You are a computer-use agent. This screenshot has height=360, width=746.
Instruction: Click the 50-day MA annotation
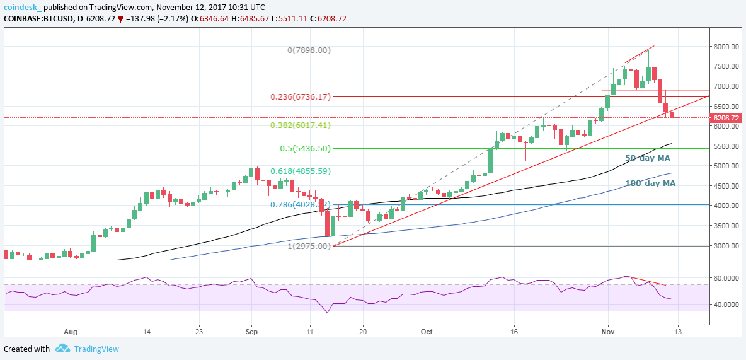point(647,158)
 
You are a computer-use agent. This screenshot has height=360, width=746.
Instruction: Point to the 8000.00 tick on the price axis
point(726,46)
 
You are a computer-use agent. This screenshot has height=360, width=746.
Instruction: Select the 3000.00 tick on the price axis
point(726,246)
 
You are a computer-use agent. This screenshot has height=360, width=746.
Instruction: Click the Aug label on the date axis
point(70,330)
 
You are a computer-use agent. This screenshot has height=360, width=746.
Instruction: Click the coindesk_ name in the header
point(21,6)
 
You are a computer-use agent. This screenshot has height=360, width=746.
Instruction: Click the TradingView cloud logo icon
point(62,349)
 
